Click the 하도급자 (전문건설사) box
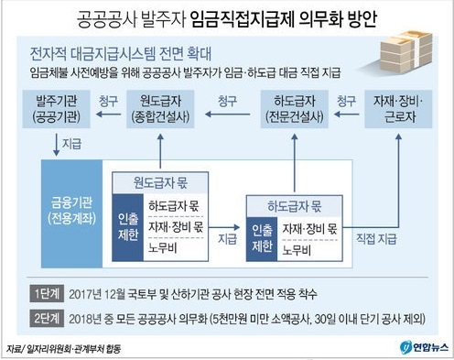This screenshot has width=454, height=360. point(296,108)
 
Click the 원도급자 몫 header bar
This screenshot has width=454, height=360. point(161,179)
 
